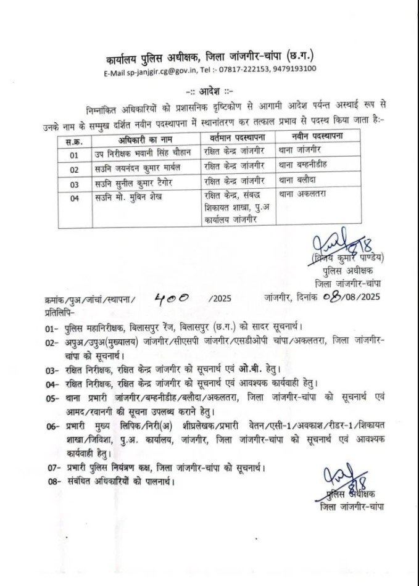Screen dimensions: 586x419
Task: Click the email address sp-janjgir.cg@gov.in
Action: coord(163,68)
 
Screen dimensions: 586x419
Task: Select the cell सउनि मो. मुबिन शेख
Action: coord(138,200)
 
